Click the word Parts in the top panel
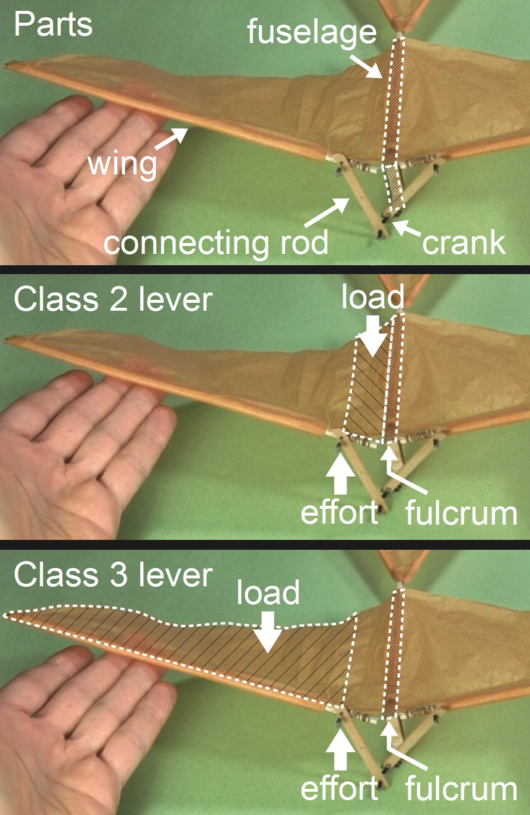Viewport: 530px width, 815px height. click(53, 24)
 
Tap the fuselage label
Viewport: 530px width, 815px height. click(311, 32)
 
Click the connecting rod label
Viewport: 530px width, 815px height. click(216, 243)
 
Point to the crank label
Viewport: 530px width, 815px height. click(463, 243)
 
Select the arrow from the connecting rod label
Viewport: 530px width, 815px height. click(327, 212)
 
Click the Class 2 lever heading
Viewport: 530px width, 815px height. click(113, 300)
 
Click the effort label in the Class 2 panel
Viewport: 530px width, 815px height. click(339, 512)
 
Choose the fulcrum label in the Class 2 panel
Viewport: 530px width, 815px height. click(461, 514)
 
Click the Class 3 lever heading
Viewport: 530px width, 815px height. click(113, 575)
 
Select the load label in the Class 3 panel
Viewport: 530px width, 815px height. click(268, 592)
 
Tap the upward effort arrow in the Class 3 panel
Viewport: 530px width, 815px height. click(340, 748)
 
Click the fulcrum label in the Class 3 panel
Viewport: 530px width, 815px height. click(461, 789)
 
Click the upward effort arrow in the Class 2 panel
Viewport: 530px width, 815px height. click(340, 473)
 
